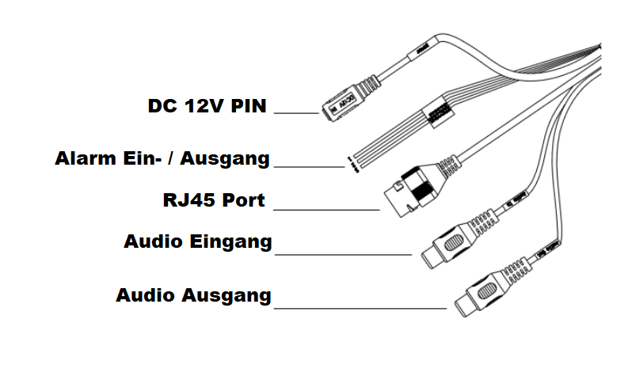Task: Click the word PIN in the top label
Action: [x=249, y=106]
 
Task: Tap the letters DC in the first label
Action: [x=163, y=106]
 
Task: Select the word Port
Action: [x=243, y=200]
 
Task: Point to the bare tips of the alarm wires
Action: [x=349, y=163]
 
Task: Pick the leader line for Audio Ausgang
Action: [x=360, y=308]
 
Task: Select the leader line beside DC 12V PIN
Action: [x=295, y=114]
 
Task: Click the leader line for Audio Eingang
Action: [x=342, y=255]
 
